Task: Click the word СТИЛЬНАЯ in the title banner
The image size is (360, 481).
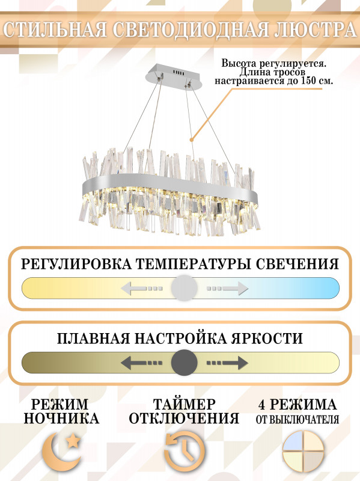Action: (x=55, y=29)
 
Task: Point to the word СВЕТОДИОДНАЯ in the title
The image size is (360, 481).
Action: (x=190, y=29)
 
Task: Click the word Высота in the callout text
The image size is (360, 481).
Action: (x=239, y=64)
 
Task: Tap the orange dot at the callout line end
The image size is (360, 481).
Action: (x=192, y=139)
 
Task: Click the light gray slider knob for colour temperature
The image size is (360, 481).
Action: (x=184, y=288)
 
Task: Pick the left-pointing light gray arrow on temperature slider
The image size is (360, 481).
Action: (x=141, y=289)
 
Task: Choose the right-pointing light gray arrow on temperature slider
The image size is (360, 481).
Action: (x=227, y=289)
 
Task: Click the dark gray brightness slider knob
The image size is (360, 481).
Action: (x=184, y=363)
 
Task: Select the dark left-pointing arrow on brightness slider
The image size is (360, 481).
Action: (x=141, y=363)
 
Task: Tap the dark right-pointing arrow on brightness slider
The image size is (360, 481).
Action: (x=227, y=363)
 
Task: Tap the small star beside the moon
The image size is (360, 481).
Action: (x=73, y=441)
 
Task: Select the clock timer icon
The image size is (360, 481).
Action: (x=185, y=452)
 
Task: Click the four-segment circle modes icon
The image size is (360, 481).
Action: (x=303, y=452)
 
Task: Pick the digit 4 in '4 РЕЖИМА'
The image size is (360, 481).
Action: (x=261, y=405)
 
